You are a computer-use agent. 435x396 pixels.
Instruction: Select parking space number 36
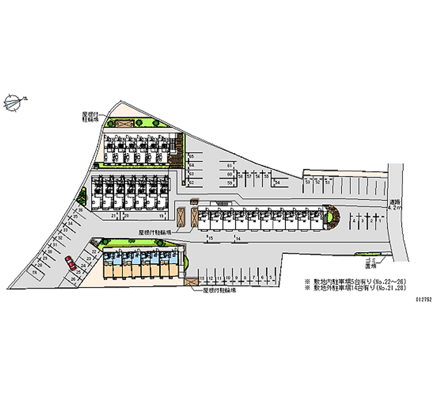tap(79, 210)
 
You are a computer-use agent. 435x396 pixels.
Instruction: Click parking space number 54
tap(277, 182)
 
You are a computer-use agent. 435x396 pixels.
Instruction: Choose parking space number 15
tap(210, 239)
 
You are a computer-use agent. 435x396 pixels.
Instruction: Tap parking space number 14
tap(238, 239)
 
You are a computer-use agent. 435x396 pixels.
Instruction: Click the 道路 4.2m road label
tap(396, 205)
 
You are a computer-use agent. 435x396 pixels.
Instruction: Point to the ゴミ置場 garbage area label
tap(371, 264)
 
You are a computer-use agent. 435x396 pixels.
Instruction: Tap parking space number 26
tap(73, 279)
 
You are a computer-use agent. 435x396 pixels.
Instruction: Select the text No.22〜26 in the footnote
tap(391, 281)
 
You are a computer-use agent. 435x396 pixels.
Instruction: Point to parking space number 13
tap(202, 278)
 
